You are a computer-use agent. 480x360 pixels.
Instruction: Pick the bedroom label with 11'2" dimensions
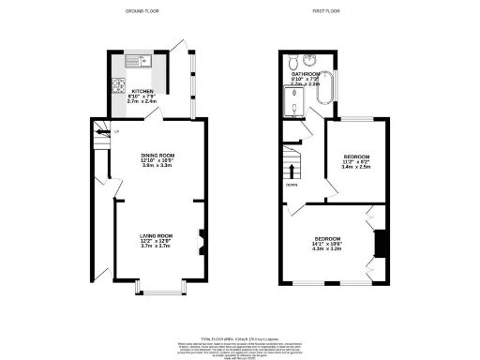pos(356,156)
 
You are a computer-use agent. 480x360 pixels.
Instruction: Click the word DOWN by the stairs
pos(292,186)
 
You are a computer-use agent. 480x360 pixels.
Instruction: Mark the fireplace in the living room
pos(200,241)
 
